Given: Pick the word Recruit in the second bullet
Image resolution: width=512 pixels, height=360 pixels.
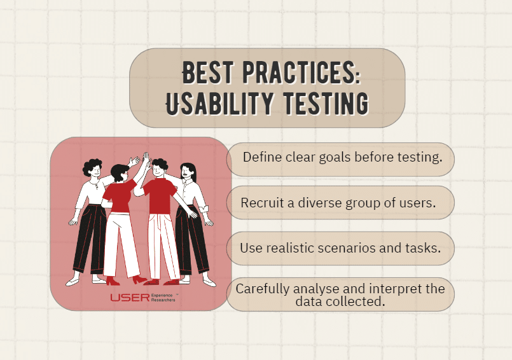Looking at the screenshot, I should click(261, 203).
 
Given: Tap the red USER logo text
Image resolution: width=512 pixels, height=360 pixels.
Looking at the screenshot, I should click(129, 297).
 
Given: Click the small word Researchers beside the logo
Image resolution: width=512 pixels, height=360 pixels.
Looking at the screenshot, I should click(163, 300).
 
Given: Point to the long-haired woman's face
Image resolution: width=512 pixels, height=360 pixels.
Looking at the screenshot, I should click(186, 172).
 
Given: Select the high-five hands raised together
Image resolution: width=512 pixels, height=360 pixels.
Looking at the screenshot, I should click(146, 157).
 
